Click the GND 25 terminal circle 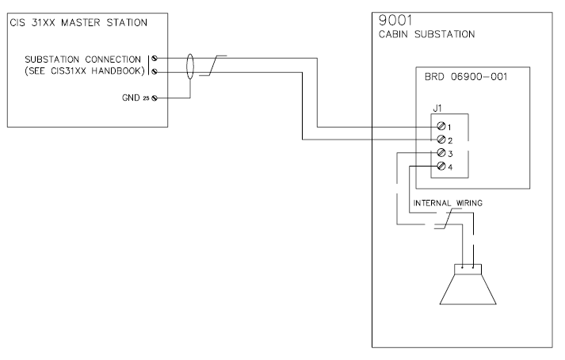[154, 98]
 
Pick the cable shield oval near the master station [190, 65]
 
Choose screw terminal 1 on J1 [441, 127]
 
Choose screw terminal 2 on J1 [441, 140]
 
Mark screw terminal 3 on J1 [441, 153]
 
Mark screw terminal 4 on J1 [441, 167]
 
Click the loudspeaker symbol [467, 285]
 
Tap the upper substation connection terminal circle [154, 59]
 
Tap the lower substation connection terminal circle [154, 71]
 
